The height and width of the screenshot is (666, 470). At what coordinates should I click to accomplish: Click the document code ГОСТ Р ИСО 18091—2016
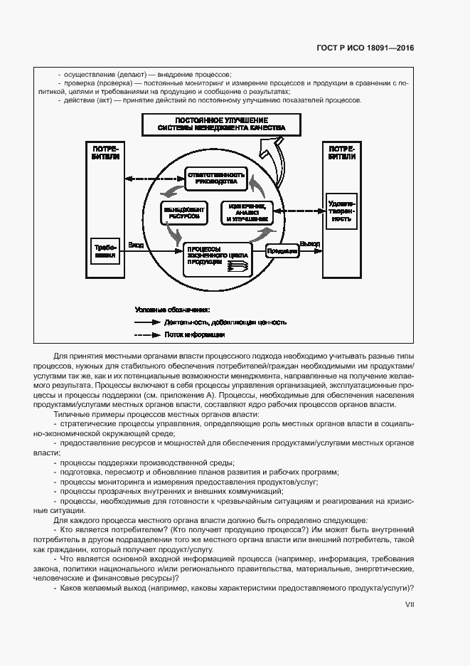tap(365, 48)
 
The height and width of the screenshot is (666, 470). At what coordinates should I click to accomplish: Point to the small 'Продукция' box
tap(282, 250)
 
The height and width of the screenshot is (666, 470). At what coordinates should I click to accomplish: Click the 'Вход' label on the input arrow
tap(136, 245)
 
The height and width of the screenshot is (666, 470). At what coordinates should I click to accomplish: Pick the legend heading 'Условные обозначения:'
tap(172, 310)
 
